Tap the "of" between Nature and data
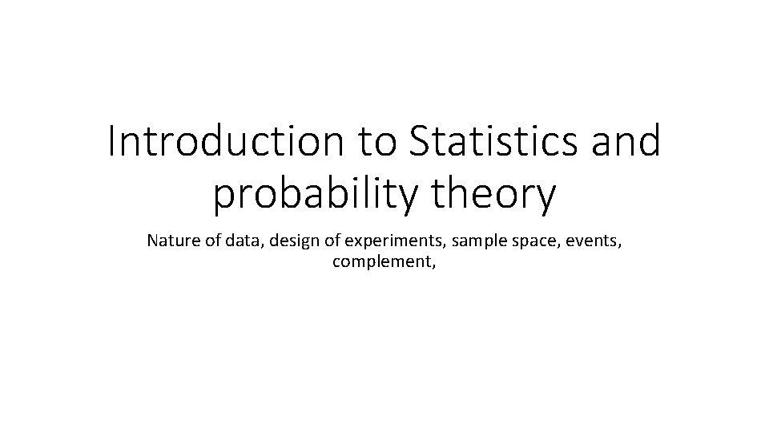click(206, 241)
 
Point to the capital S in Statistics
click(420, 143)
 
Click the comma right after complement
click(434, 265)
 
